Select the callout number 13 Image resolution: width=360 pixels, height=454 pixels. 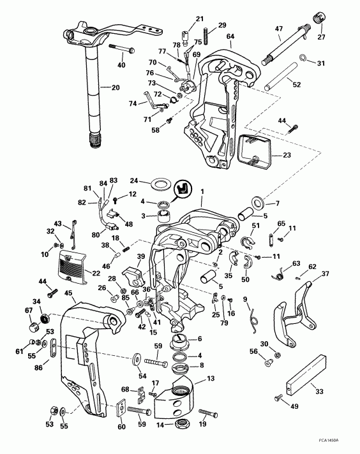click(209, 379)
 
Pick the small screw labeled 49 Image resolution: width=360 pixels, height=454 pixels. click(280, 398)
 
